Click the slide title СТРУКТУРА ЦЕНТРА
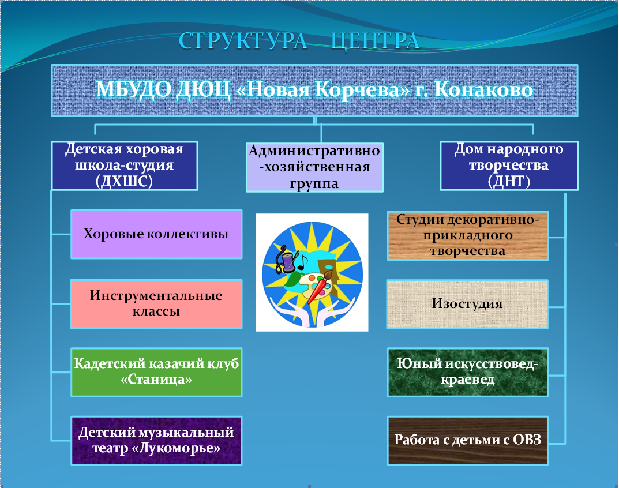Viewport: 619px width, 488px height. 299,40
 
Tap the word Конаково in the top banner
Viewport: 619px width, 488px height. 483,89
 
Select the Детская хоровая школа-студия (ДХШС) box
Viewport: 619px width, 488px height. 125,166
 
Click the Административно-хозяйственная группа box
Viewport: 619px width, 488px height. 314,167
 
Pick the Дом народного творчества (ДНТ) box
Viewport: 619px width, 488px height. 509,166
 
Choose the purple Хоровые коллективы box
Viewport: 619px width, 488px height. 156,234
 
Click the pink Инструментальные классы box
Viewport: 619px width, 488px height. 156,303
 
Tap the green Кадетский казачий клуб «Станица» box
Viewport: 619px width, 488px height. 156,372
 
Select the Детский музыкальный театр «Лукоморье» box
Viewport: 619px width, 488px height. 156,440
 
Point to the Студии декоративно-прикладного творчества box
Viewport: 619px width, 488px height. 468,235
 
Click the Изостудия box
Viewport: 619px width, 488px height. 467,304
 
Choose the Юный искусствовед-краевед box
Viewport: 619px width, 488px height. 468,372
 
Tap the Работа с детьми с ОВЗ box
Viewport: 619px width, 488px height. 468,440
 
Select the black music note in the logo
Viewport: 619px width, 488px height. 303,262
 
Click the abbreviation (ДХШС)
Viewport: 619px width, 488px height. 124,181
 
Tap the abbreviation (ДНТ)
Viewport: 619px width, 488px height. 509,181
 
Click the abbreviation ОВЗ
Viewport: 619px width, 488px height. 527,440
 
